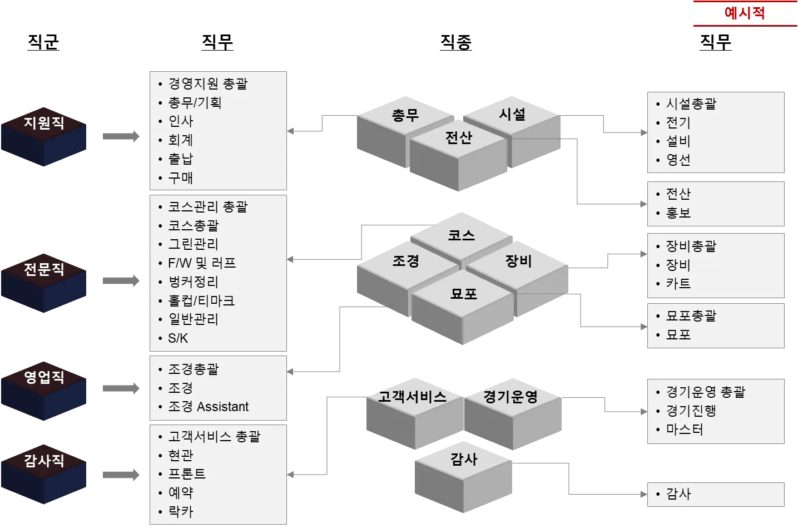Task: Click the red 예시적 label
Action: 745,13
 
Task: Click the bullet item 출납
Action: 180,159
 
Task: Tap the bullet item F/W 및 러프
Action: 201,263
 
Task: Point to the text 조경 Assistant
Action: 208,407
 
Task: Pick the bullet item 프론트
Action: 187,474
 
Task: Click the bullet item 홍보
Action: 678,213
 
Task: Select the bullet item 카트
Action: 678,284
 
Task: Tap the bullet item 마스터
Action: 685,430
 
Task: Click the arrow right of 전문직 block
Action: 122,280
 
